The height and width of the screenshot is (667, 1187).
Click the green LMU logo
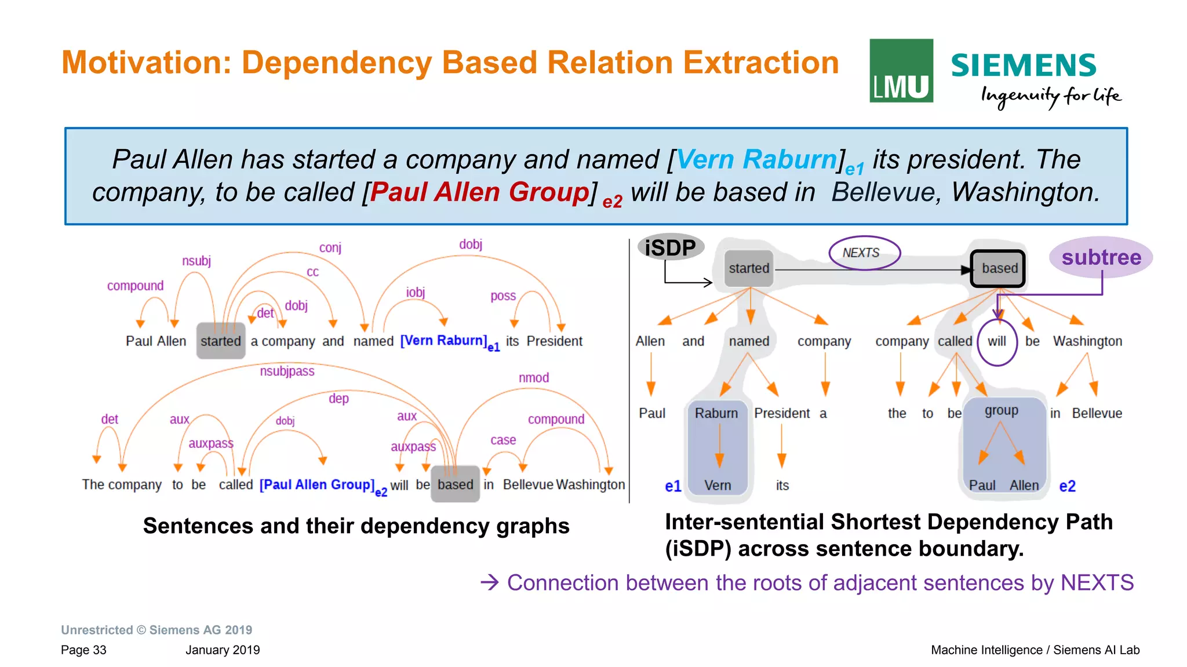pos(901,71)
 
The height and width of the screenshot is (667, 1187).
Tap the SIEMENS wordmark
pos(1024,65)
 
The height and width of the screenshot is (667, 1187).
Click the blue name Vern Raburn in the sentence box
pos(756,159)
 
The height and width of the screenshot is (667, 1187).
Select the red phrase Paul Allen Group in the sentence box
pos(479,192)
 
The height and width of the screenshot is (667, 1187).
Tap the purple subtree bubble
pos(1101,257)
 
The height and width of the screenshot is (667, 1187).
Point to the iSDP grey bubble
pos(671,247)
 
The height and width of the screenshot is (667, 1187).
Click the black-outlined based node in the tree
pos(998,268)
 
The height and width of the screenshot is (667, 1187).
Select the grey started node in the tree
pos(749,268)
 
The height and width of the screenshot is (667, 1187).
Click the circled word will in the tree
pos(997,341)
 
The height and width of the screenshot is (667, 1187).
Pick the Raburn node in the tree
pos(716,413)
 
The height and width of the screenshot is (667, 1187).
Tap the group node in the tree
pos(1001,411)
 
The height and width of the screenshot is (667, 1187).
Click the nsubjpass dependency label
pos(287,371)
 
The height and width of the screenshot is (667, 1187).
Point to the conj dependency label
pos(330,248)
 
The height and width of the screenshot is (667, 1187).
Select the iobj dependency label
pos(416,293)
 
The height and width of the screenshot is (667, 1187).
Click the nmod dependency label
pos(534,378)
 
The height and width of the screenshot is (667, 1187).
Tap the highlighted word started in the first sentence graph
pos(221,341)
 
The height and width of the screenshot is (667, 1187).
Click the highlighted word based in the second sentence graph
pos(456,484)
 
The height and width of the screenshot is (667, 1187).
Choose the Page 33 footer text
pos(83,650)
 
